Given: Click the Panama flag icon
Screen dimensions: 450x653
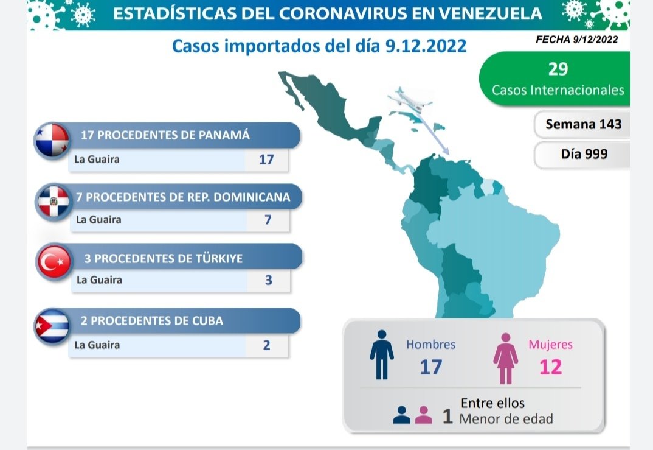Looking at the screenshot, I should pos(51,141).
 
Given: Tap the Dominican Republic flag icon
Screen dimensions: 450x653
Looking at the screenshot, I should pos(54,202).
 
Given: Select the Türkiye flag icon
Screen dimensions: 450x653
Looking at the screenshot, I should pos(55,262).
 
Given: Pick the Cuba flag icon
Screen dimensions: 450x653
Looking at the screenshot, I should pos(52,326).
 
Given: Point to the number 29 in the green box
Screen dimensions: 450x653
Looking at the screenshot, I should pos(558,69).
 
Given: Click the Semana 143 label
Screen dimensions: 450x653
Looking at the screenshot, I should pos(583,124).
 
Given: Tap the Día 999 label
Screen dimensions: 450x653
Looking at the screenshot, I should pos(584,155).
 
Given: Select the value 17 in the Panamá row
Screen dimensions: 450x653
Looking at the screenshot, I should pos(266,160).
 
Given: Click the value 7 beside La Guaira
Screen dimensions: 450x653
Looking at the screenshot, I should pos(268,219).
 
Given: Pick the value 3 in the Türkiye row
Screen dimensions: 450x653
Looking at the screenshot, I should pos(268,280).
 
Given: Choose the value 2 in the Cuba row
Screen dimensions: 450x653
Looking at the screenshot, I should pos(266,345).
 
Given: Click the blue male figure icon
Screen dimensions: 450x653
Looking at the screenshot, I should pos(381,355).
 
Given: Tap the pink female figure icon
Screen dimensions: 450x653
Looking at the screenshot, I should pos(505,358).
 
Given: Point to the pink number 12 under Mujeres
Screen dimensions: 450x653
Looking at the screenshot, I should pos(550,367).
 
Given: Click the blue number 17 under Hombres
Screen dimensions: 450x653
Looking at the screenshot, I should pos(430,367).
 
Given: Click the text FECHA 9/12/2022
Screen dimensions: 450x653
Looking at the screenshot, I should pos(576,40).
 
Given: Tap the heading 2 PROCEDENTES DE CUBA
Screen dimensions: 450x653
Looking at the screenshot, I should pos(152,321).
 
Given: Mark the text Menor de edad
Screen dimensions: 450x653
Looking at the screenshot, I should pos(506,419).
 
